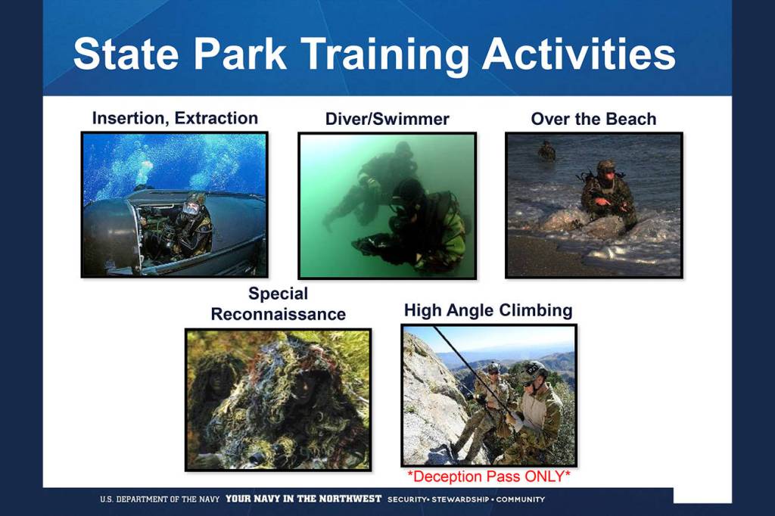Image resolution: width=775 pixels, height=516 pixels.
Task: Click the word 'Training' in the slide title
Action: pyautogui.click(x=384, y=55)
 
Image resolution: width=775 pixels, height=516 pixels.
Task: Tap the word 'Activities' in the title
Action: pyautogui.click(x=579, y=54)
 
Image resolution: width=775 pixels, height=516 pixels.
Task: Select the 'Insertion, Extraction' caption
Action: pyautogui.click(x=175, y=119)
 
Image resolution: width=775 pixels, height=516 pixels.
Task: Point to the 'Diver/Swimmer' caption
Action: pyautogui.click(x=387, y=119)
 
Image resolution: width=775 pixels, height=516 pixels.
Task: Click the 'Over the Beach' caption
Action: pyautogui.click(x=593, y=119)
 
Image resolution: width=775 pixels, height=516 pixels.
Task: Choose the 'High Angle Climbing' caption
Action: pyautogui.click(x=488, y=310)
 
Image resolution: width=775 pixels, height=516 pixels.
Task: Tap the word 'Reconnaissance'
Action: pyautogui.click(x=279, y=314)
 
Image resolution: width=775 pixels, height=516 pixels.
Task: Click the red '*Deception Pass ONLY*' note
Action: pyautogui.click(x=489, y=477)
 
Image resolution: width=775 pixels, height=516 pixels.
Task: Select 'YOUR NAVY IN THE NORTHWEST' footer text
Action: pyautogui.click(x=303, y=499)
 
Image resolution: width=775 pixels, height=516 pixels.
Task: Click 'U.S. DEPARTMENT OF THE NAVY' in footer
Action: pyautogui.click(x=160, y=499)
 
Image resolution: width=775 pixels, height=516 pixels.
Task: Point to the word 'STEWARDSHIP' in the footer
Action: pyautogui.click(x=461, y=499)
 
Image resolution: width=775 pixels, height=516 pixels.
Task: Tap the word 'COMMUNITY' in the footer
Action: pyautogui.click(x=521, y=499)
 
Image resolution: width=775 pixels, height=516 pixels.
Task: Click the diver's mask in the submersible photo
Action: pyautogui.click(x=190, y=208)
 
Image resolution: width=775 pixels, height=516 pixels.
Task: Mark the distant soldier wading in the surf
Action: pyautogui.click(x=546, y=151)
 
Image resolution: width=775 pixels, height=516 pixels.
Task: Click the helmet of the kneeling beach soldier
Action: pyautogui.click(x=606, y=165)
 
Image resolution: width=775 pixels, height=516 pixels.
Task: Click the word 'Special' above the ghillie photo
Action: pyautogui.click(x=279, y=294)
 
